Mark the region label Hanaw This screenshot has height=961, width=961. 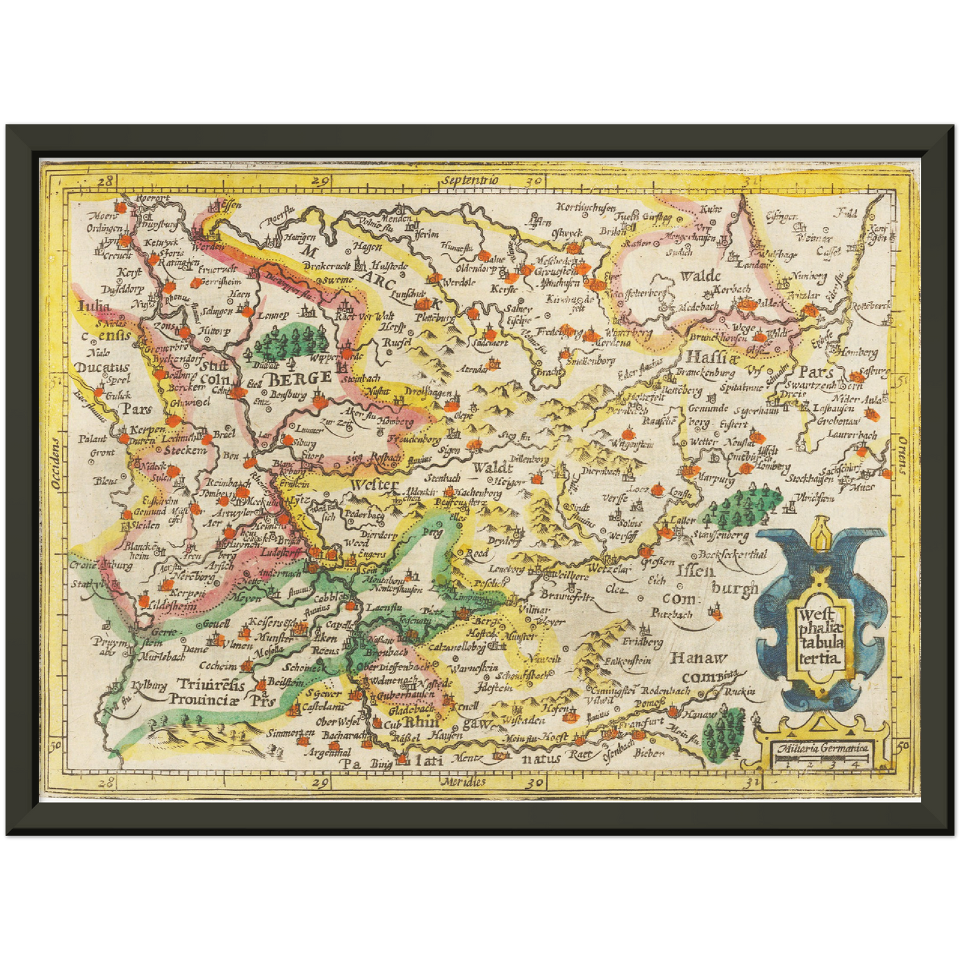click(698, 658)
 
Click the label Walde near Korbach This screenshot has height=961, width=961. click(700, 275)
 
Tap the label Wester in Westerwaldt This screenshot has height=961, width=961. click(374, 484)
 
